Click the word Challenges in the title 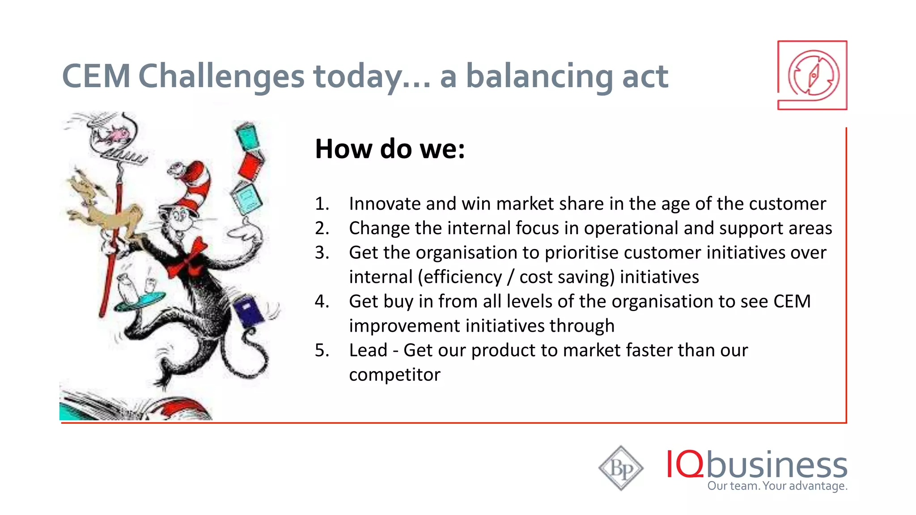(221, 76)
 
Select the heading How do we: (390, 149)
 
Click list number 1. (322, 204)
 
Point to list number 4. (322, 301)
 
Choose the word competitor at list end (394, 375)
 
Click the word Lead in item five (368, 350)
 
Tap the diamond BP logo (621, 468)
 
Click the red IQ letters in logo (684, 464)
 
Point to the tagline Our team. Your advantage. (777, 486)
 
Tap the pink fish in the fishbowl (119, 134)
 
